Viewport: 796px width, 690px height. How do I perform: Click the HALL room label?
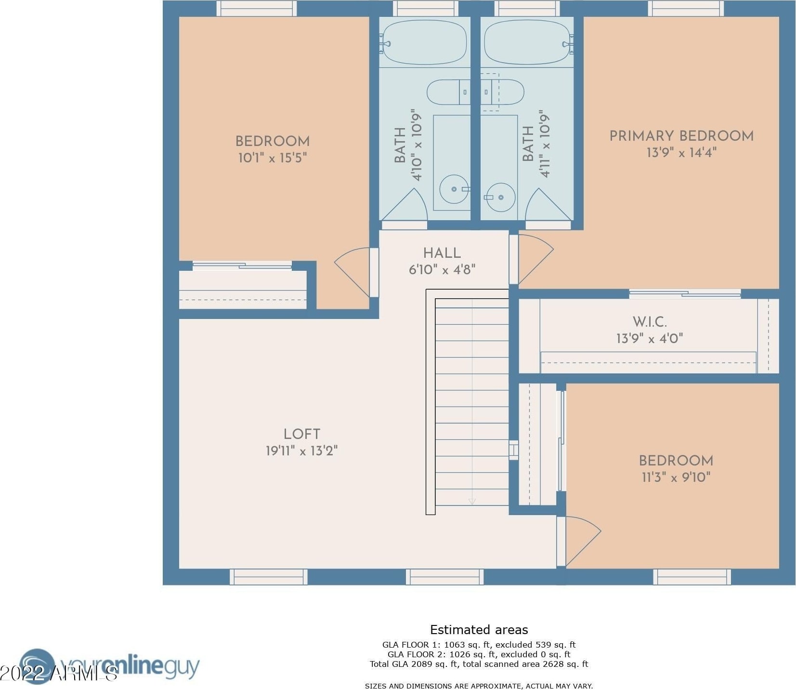[x=442, y=253]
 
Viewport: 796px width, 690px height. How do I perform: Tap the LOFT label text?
[x=302, y=434]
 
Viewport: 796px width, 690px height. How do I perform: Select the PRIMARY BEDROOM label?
[x=681, y=136]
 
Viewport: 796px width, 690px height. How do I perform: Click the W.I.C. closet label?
[x=650, y=322]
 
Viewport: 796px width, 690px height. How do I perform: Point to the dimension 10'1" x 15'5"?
[x=273, y=158]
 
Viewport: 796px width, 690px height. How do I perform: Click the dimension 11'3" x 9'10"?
[x=676, y=477]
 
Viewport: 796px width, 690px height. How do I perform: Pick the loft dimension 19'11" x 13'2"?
[x=302, y=451]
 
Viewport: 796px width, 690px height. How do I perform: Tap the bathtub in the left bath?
[x=424, y=42]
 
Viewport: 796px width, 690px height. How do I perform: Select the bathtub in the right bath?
[x=527, y=42]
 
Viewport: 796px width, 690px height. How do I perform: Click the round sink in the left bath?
[x=454, y=189]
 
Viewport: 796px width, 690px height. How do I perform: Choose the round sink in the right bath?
[x=500, y=197]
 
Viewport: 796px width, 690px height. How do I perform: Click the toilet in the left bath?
[x=448, y=92]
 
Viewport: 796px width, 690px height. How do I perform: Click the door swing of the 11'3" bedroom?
[x=583, y=541]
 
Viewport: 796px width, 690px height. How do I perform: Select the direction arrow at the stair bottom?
[x=472, y=502]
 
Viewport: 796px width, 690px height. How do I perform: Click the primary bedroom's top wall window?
[x=685, y=8]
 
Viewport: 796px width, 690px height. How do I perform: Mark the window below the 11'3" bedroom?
[x=692, y=577]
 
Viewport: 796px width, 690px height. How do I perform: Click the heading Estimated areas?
[x=479, y=630]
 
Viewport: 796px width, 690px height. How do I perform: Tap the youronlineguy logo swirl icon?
[x=37, y=666]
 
